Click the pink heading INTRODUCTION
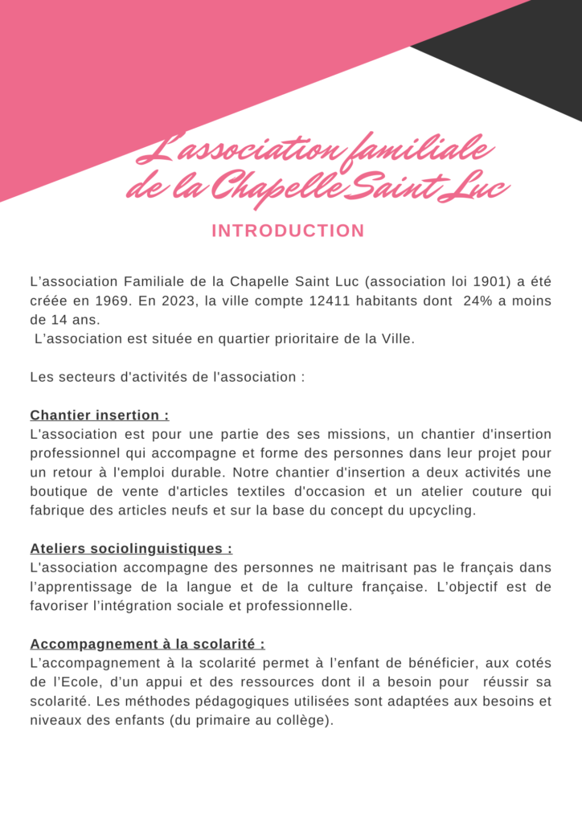click(288, 231)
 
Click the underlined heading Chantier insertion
click(99, 416)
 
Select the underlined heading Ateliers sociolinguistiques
click(131, 549)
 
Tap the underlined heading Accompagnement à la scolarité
click(147, 644)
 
